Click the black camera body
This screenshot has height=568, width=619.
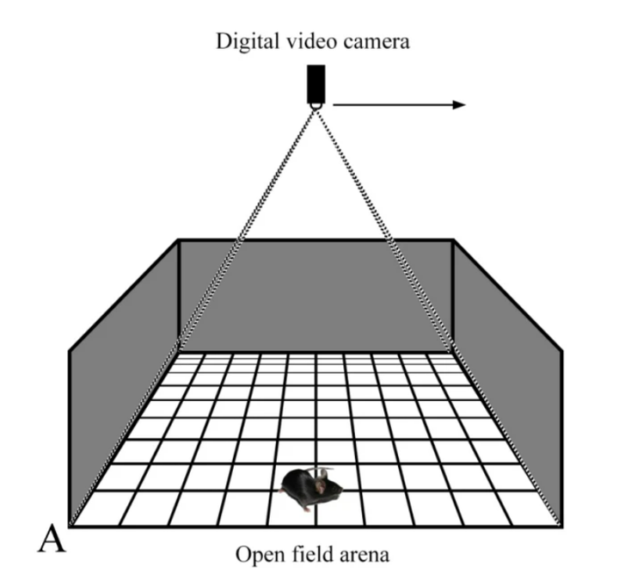pos(316,83)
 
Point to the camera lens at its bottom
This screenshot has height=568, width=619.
pos(316,105)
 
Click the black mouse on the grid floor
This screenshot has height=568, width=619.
pos(310,489)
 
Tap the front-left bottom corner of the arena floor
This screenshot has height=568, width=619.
pos(70,524)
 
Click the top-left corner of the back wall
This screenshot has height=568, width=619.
pos(179,240)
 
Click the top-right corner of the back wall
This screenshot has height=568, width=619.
pos(452,240)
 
